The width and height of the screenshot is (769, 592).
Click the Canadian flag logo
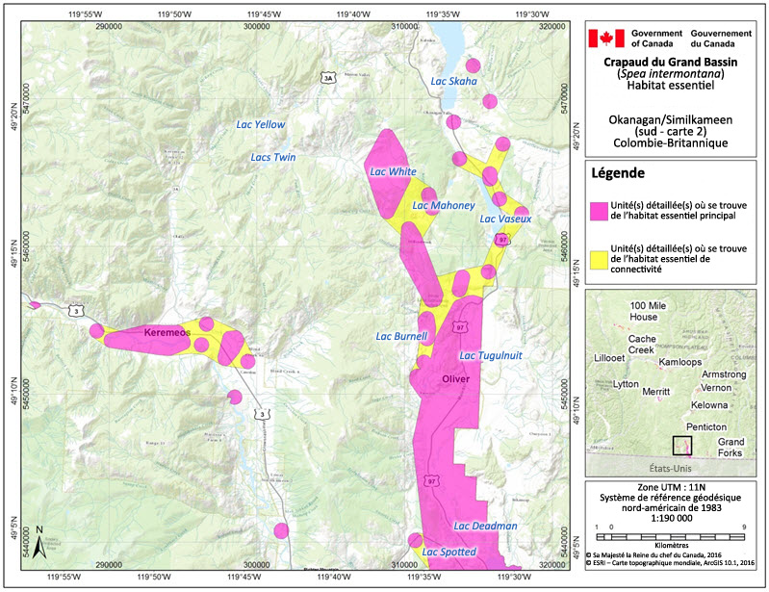click(x=606, y=39)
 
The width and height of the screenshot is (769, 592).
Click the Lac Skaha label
click(x=453, y=81)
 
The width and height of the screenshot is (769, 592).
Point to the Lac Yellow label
click(x=261, y=124)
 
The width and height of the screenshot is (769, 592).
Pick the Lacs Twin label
click(x=272, y=157)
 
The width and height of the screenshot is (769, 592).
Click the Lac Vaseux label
click(x=505, y=219)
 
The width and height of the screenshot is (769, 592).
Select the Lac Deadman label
click(x=485, y=526)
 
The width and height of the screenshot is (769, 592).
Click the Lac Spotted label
click(x=449, y=552)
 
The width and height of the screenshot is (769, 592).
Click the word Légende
click(x=623, y=174)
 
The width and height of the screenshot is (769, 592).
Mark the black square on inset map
click(x=681, y=445)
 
